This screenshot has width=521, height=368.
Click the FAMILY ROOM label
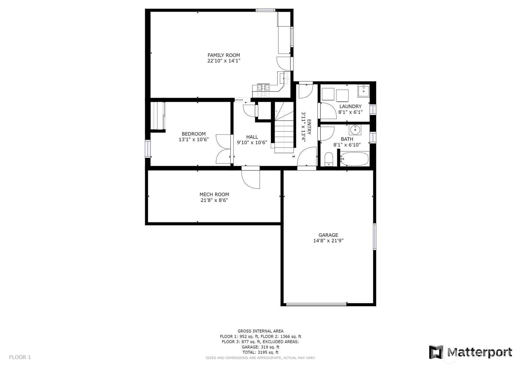point(224,55)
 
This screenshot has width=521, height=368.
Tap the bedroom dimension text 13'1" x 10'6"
point(194,139)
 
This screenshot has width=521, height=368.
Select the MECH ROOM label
point(214,194)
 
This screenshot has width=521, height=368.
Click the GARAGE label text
point(328,235)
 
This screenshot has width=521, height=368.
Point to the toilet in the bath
point(329,159)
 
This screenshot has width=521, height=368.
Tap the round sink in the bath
point(355,130)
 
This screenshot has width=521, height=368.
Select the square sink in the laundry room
point(363,91)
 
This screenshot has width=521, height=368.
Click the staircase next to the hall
point(284,133)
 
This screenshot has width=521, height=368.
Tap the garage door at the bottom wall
point(316,304)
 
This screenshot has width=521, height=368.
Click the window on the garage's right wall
point(375,236)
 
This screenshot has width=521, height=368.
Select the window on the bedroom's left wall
point(147,149)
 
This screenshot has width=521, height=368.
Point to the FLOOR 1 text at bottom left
point(20,357)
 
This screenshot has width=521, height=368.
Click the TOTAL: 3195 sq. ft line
point(260,352)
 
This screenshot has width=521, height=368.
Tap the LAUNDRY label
point(350,107)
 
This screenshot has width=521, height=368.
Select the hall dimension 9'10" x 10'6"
point(252,143)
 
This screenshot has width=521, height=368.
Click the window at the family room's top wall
point(266,10)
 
